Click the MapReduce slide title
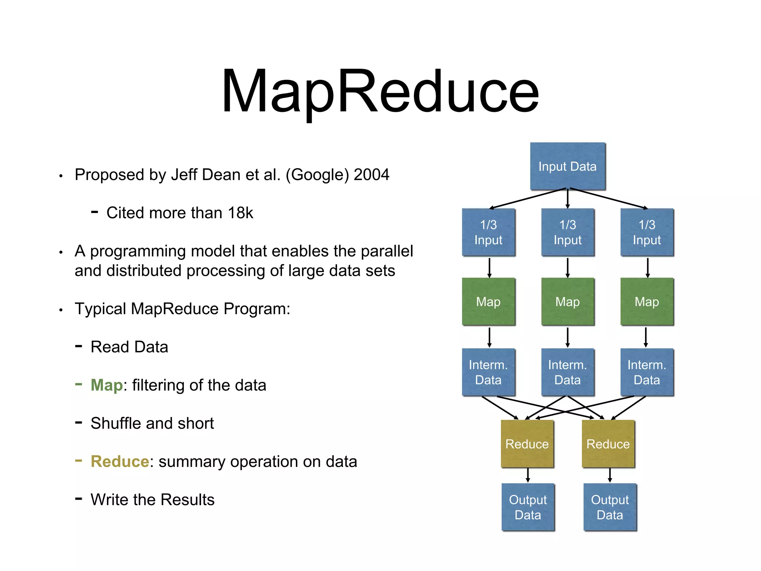tap(380, 91)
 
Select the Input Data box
tap(567, 166)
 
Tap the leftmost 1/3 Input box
tap(488, 232)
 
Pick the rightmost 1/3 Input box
tap(647, 232)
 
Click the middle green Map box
tap(567, 301)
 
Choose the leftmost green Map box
tap(488, 301)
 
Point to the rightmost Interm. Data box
tap(647, 372)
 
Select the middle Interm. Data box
tap(567, 372)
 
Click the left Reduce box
tap(527, 444)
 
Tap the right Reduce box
tap(608, 444)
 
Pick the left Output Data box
tap(528, 507)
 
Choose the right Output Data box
tap(610, 507)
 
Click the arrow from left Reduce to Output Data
tap(528, 475)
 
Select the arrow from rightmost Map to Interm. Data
tap(646, 337)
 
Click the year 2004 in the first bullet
tap(371, 175)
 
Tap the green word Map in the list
tap(107, 385)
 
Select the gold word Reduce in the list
tap(120, 461)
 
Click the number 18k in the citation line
tap(240, 213)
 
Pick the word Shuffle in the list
tap(116, 423)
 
